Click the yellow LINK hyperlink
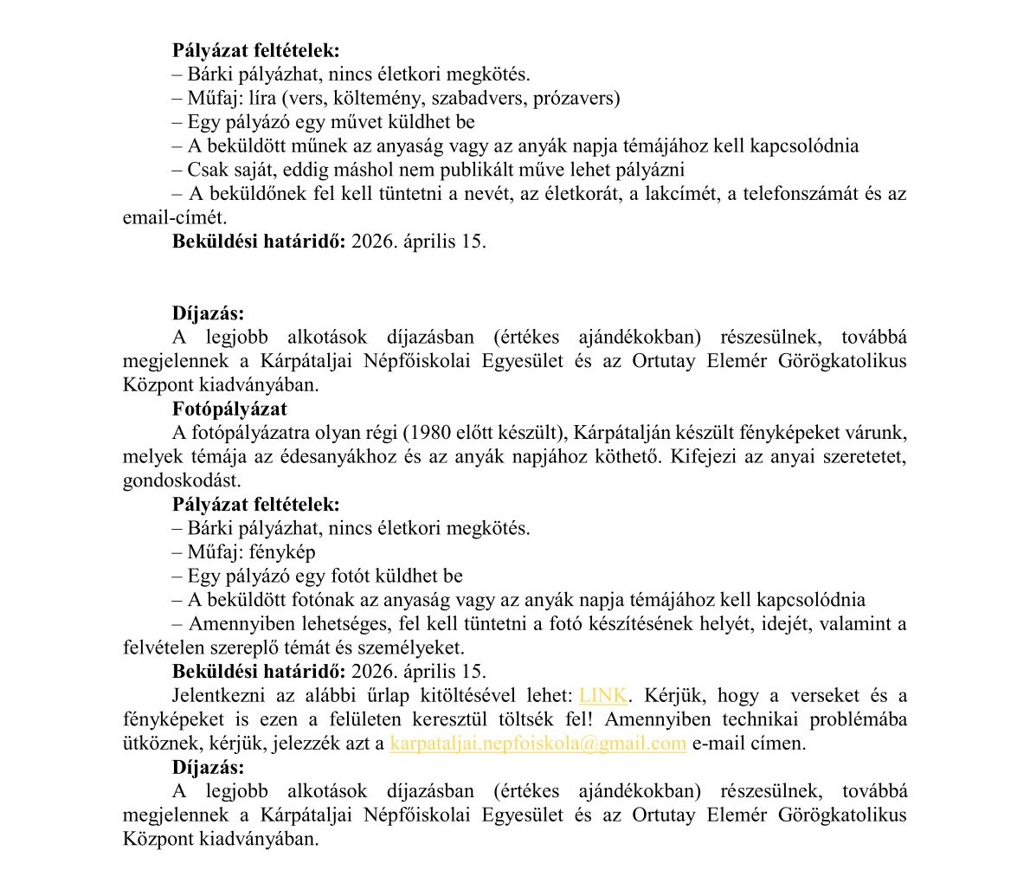coord(603,695)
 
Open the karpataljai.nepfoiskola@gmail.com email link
coord(538,743)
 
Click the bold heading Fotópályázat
coord(229,409)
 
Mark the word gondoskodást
coord(182,480)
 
